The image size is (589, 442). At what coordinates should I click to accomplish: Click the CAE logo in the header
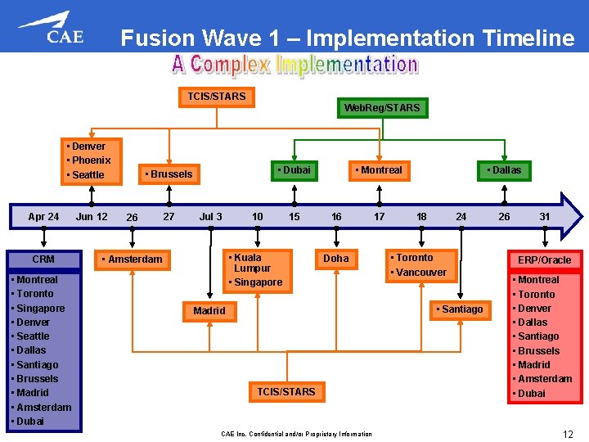(x=51, y=28)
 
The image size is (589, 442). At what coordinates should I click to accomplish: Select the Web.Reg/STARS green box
(x=382, y=108)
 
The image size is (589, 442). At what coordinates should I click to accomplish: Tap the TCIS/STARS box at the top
(x=216, y=97)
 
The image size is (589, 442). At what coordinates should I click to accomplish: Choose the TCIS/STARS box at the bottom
(x=286, y=392)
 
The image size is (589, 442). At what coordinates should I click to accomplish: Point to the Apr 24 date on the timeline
(x=43, y=217)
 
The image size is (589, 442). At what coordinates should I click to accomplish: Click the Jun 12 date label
(x=92, y=217)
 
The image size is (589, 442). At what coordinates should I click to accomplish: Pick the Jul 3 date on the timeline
(x=210, y=217)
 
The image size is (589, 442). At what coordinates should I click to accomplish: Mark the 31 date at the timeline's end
(x=545, y=217)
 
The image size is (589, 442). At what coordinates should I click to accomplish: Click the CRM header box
(x=43, y=259)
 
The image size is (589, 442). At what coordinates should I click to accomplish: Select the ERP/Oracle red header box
(x=544, y=260)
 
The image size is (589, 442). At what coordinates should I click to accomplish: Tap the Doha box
(x=336, y=259)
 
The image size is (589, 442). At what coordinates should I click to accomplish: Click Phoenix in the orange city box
(x=91, y=160)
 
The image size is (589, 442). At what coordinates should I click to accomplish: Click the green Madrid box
(x=209, y=311)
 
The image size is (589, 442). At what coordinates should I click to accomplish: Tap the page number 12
(x=567, y=434)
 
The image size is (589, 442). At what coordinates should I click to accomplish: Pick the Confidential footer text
(x=296, y=434)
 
